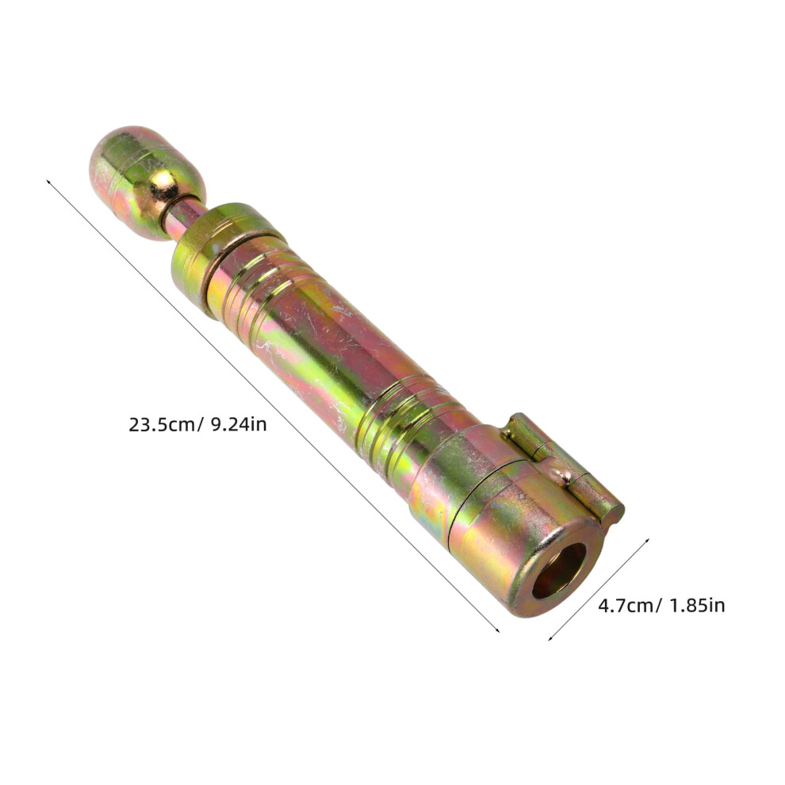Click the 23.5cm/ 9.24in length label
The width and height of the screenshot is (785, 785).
tap(197, 425)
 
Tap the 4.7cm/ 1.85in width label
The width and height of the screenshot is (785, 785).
tap(661, 606)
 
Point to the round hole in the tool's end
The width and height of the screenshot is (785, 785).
tap(559, 571)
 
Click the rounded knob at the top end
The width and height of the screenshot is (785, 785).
tap(147, 182)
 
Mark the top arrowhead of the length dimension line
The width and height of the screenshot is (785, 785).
tap(48, 182)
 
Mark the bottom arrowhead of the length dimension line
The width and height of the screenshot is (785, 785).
tap(498, 630)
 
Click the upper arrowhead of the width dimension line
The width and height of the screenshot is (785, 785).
tap(647, 540)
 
